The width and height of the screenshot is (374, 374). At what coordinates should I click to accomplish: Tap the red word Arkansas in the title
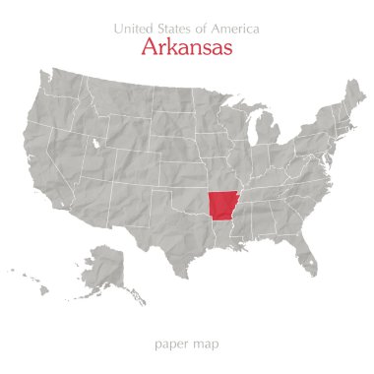click(x=187, y=46)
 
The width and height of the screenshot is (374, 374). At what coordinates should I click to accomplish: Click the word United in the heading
click(x=134, y=27)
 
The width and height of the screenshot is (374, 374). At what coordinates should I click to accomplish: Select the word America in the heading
click(x=233, y=27)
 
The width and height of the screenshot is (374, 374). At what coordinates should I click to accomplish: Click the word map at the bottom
click(x=207, y=345)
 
